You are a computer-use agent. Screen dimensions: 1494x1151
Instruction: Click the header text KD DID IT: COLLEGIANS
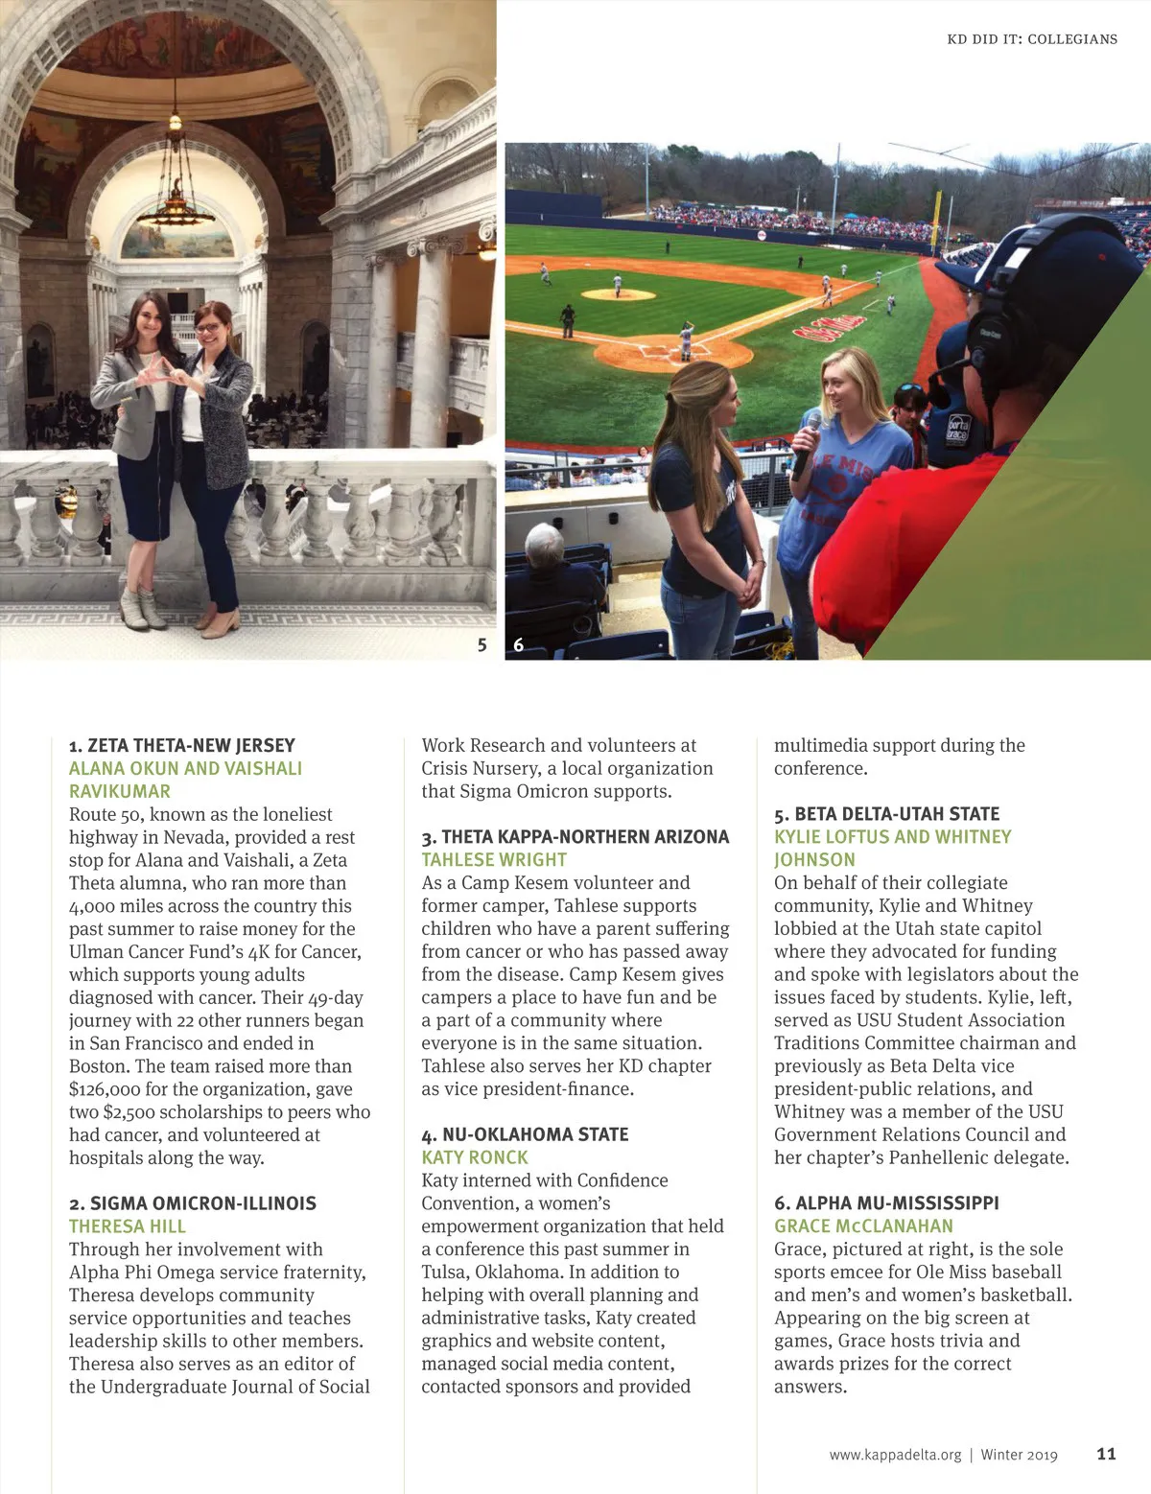pyautogui.click(x=1031, y=39)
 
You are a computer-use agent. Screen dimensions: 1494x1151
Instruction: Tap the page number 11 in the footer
pyautogui.click(x=1106, y=1454)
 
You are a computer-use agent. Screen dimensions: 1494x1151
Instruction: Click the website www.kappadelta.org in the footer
pyautogui.click(x=894, y=1455)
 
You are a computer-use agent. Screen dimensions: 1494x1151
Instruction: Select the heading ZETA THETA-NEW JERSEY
pyautogui.click(x=182, y=745)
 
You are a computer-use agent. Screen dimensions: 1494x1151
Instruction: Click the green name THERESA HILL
pyautogui.click(x=128, y=1226)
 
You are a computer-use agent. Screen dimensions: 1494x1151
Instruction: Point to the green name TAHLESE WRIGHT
pyautogui.click(x=494, y=860)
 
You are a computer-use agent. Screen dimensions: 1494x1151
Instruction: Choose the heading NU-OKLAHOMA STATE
pyautogui.click(x=525, y=1134)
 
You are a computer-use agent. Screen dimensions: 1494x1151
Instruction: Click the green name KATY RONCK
pyautogui.click(x=475, y=1157)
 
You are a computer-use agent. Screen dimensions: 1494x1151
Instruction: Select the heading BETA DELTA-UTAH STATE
pyautogui.click(x=887, y=814)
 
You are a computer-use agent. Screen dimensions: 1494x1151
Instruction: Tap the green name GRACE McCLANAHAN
pyautogui.click(x=863, y=1226)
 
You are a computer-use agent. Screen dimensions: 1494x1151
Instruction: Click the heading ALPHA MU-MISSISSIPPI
pyautogui.click(x=887, y=1203)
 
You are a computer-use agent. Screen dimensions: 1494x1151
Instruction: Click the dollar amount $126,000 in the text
pyautogui.click(x=112, y=1089)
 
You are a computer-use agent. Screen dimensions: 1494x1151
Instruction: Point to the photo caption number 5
pyautogui.click(x=482, y=645)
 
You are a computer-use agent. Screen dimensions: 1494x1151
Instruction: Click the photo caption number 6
pyautogui.click(x=519, y=645)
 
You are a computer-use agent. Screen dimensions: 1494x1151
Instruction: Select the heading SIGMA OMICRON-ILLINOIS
pyautogui.click(x=193, y=1203)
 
